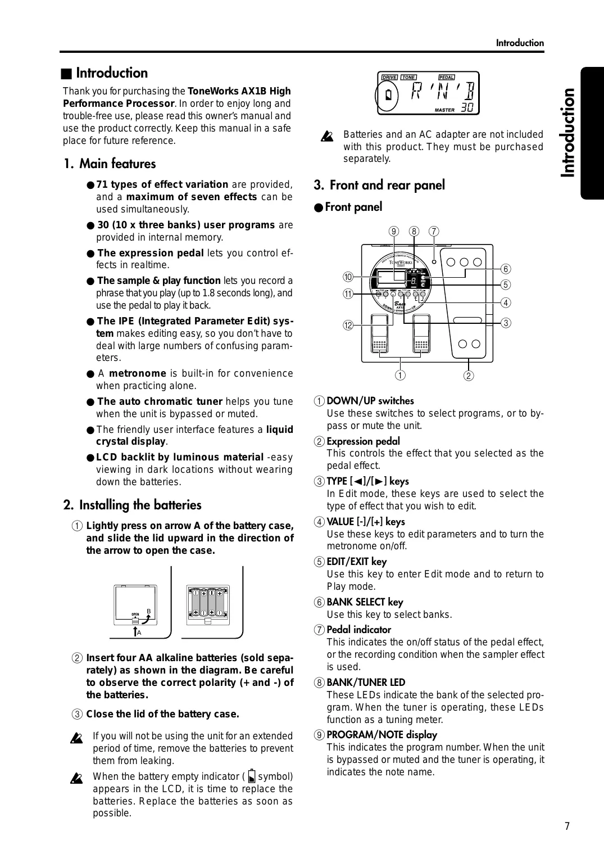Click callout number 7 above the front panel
coord(434,231)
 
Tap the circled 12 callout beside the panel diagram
coord(348,326)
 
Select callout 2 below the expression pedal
coord(469,376)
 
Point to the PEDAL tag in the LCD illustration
coord(447,78)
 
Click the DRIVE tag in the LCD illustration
coord(389,78)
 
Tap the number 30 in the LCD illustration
coord(467,108)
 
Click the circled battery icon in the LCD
coord(388,96)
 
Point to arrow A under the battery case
coord(135,632)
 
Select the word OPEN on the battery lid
coord(135,614)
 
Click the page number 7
coord(567,826)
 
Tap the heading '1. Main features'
coord(110,164)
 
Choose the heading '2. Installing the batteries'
coord(133,505)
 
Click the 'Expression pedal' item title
coord(364,441)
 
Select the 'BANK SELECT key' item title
coord(365,602)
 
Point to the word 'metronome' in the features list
coord(138,373)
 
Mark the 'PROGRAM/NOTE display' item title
coord(382,735)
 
